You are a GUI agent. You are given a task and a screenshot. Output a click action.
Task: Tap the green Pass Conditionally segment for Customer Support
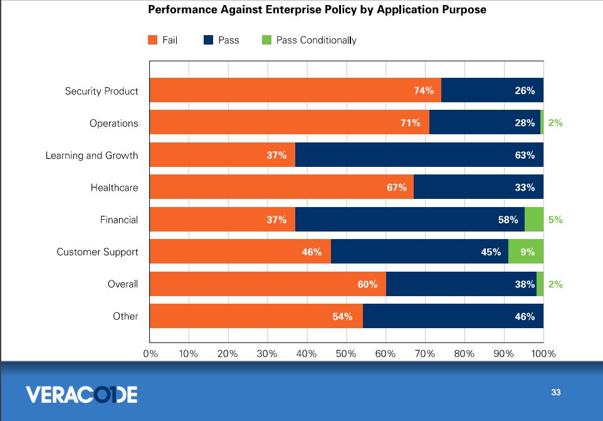[525, 252]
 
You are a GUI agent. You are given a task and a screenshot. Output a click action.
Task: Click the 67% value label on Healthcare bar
[397, 188]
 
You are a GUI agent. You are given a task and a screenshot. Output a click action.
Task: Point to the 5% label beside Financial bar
[555, 220]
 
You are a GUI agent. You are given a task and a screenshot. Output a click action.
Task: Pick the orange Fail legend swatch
[152, 40]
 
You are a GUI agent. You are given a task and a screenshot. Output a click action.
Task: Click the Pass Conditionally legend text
[316, 40]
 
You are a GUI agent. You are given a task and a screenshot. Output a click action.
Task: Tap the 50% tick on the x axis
[346, 353]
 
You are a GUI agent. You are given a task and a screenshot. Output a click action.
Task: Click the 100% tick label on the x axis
[543, 353]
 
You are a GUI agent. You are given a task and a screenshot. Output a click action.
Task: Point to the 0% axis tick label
[150, 353]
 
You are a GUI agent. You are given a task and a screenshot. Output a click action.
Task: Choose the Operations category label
[113, 123]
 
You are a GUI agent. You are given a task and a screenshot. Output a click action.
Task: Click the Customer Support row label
[97, 252]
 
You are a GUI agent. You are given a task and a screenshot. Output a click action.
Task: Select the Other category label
[125, 316]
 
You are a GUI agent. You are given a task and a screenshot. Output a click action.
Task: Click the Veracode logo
[81, 394]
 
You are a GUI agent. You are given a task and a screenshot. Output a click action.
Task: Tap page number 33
[555, 393]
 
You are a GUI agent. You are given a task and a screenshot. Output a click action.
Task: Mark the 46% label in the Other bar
[524, 316]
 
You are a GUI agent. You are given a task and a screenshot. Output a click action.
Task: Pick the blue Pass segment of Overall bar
[461, 284]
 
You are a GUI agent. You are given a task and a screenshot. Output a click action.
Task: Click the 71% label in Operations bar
[410, 123]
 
